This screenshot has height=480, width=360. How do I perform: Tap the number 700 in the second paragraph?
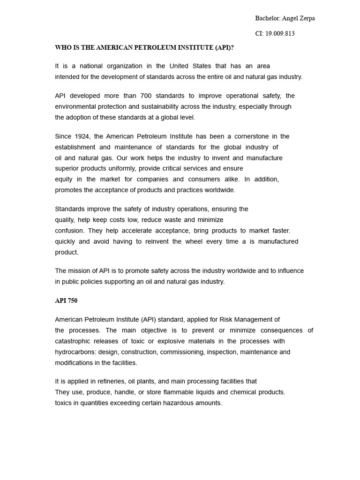pyautogui.click(x=147, y=96)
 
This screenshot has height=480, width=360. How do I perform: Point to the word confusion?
pyautogui.click(x=69, y=231)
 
